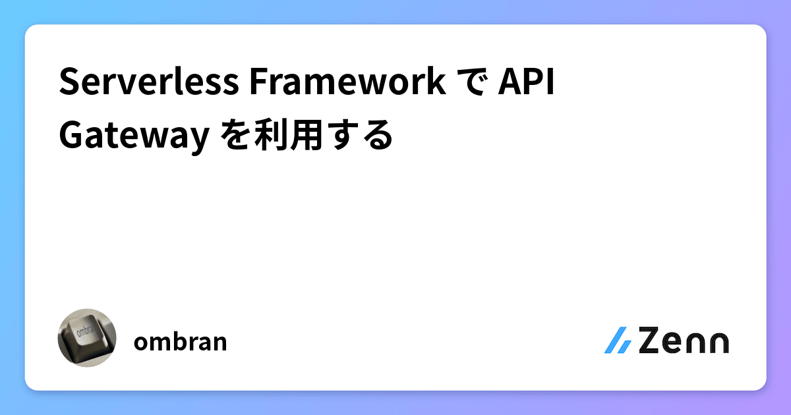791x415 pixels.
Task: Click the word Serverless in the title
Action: [x=149, y=83]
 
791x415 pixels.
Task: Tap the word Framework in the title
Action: [x=346, y=83]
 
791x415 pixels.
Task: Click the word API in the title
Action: [x=525, y=83]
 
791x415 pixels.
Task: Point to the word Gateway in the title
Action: [x=130, y=136]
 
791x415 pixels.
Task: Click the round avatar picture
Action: [x=87, y=337]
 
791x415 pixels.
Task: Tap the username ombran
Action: [x=180, y=342]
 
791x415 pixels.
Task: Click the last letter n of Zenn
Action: [x=718, y=343]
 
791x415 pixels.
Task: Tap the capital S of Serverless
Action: [x=68, y=83]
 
